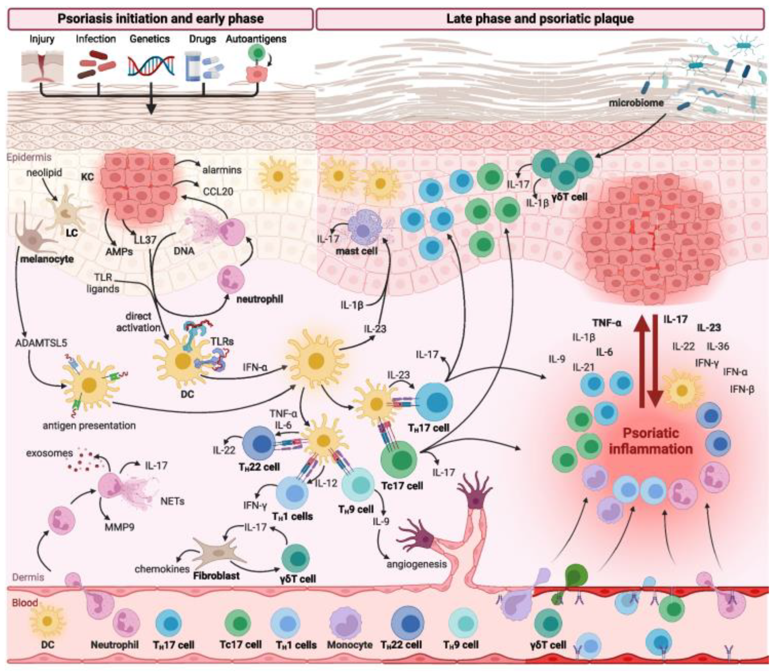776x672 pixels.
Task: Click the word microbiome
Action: (x=636, y=102)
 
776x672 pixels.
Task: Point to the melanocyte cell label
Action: (x=47, y=259)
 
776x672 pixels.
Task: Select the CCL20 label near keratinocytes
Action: (x=218, y=192)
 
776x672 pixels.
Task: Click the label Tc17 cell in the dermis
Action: (x=402, y=486)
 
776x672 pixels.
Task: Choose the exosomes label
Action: (x=49, y=453)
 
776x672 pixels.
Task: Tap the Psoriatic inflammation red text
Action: (x=651, y=441)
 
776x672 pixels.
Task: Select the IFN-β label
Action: (x=742, y=390)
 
